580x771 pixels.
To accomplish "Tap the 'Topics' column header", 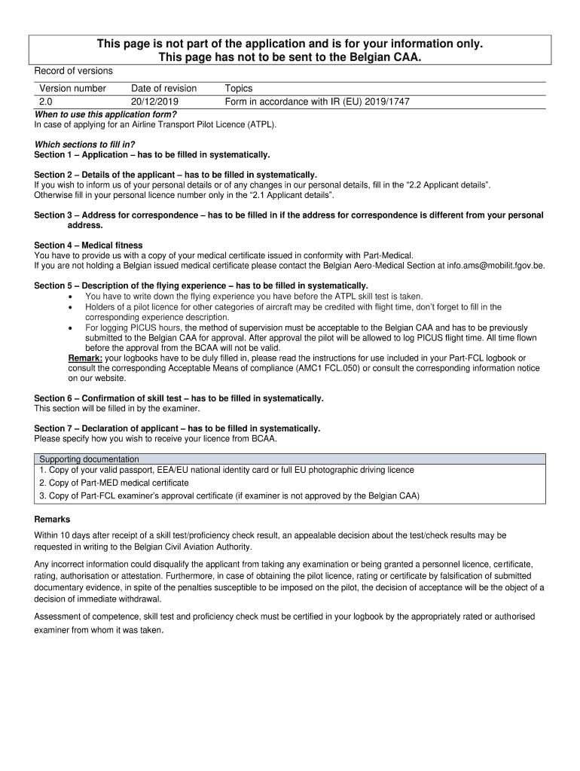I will pyautogui.click(x=238, y=88).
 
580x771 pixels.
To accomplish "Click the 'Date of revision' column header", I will pyautogui.click(x=163, y=88).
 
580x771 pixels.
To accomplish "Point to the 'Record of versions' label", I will pyautogui.click(x=74, y=71).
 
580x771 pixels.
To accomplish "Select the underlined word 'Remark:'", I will pyautogui.click(x=85, y=358).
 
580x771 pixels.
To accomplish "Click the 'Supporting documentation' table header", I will pyautogui.click(x=89, y=459).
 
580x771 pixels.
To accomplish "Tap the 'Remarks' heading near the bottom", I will pyautogui.click(x=53, y=520).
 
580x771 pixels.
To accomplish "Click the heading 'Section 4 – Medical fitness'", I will pyautogui.click(x=88, y=245).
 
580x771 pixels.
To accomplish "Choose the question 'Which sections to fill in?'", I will pyautogui.click(x=85, y=144).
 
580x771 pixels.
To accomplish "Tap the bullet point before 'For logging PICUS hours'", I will pyautogui.click(x=70, y=328).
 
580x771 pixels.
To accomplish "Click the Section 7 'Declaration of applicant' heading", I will pyautogui.click(x=177, y=428).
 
